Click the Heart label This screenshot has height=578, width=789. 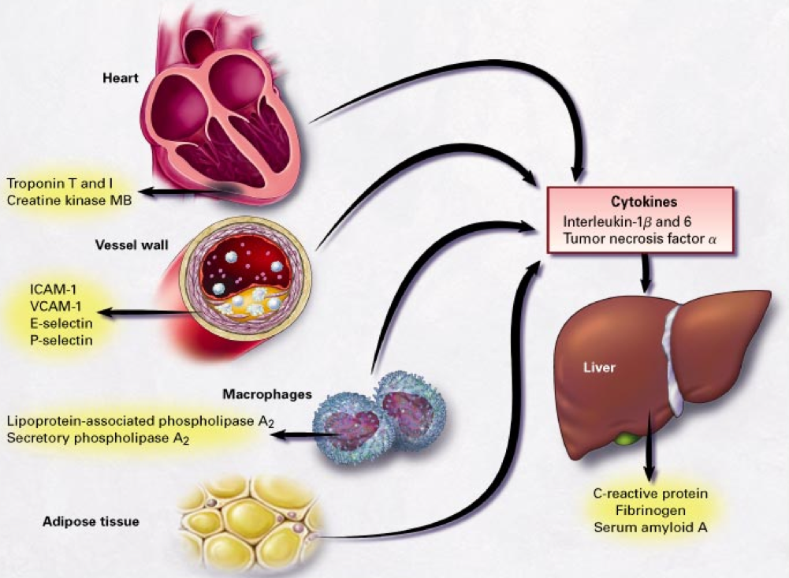[121, 78]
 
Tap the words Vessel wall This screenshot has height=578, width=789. [132, 245]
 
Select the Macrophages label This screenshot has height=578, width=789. [267, 393]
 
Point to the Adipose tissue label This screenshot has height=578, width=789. [91, 521]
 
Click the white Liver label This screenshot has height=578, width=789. [599, 367]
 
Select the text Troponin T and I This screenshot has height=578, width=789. [59, 183]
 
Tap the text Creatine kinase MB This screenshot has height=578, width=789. [69, 200]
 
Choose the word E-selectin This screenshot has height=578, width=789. [61, 323]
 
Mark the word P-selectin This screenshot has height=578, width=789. [61, 341]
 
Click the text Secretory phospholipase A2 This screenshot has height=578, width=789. [98, 439]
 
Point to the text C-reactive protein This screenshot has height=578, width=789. [650, 494]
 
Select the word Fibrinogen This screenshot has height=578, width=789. [650, 510]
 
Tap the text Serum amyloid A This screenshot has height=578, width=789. [650, 528]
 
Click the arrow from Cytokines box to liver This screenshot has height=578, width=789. [646, 274]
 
